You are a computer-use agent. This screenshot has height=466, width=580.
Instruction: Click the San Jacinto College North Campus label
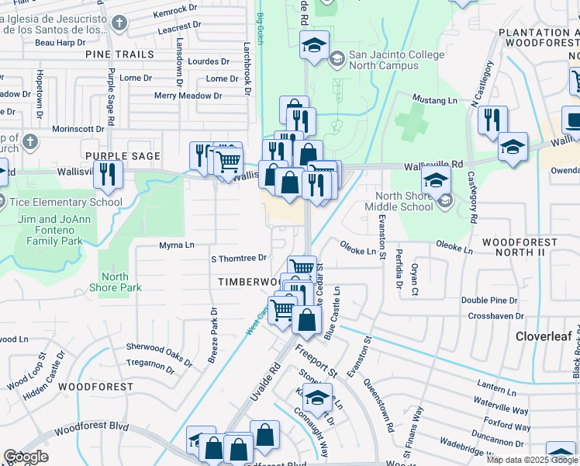pos(396,60)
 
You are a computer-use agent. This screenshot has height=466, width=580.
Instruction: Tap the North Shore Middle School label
pos(404,201)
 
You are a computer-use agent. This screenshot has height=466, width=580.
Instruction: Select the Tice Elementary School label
pos(66,202)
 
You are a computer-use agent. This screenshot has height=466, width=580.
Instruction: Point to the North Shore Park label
pos(115,282)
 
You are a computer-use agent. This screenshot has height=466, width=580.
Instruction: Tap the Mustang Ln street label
pos(433,100)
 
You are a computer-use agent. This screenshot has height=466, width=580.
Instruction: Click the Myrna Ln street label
pos(176,245)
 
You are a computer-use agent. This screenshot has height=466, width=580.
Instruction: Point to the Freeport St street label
pos(316,361)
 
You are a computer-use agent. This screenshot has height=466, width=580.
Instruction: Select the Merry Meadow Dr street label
pos(188,96)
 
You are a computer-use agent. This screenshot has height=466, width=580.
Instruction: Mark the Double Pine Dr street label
pos(489,300)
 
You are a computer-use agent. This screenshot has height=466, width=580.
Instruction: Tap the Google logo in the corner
pos(26,457)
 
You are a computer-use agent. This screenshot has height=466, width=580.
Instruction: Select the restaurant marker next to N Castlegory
pos(492,120)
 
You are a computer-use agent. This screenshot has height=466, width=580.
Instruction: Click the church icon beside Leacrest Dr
pos(119,23)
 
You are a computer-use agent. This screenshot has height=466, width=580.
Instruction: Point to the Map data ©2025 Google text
pos(533,460)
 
